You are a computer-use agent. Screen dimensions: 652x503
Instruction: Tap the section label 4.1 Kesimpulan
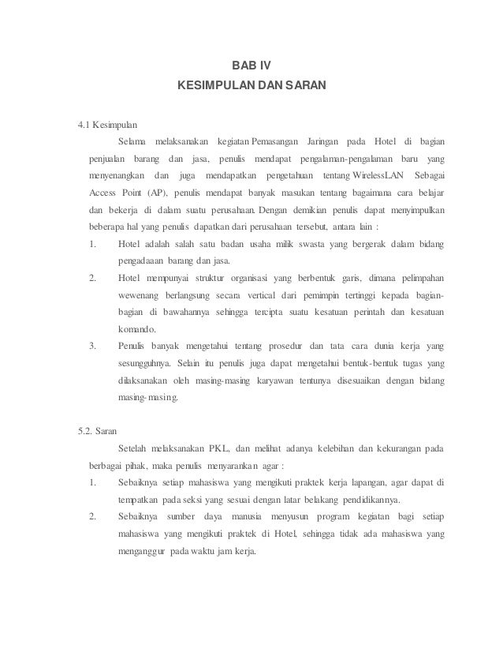107,125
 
